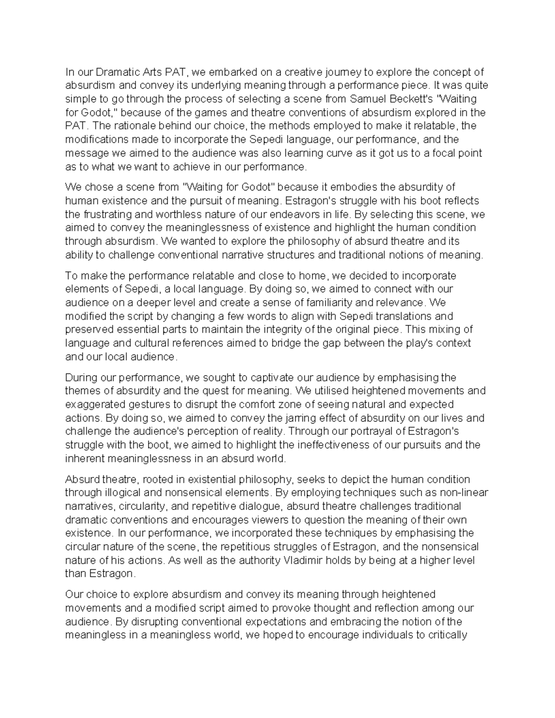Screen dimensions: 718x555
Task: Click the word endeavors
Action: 281,214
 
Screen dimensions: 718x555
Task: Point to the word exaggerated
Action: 94,405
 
